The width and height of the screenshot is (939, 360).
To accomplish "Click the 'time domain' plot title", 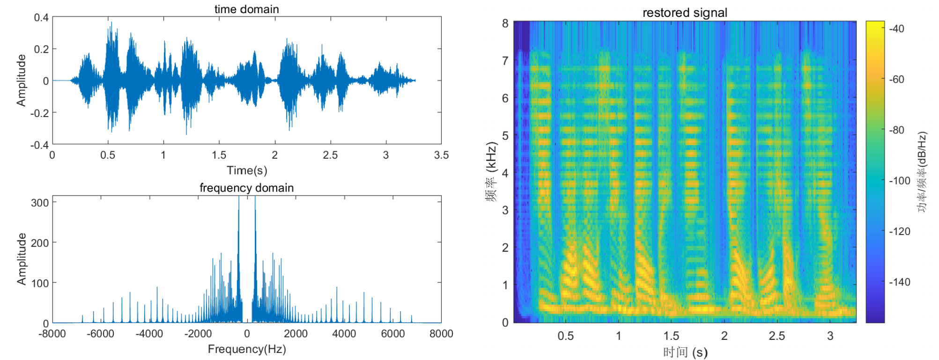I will point(246,9).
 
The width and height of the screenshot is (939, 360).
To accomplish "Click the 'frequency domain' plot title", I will point(246,188).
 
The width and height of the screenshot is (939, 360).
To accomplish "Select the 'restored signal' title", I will point(685,13).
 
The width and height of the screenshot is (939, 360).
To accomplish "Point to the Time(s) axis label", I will point(247,170).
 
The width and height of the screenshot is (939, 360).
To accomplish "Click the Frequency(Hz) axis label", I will point(247,349).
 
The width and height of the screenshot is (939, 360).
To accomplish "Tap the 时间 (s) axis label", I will point(685,352).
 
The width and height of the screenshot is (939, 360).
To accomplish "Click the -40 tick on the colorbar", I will point(897,29).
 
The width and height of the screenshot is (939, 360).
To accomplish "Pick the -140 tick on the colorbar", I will point(899,282).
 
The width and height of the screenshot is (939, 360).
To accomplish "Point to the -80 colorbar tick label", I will point(897,130).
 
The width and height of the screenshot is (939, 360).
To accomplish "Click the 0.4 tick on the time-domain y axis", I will point(41,17).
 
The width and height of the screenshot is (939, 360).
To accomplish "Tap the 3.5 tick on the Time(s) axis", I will point(441,155).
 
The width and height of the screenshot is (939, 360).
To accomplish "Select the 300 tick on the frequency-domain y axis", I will point(40,203).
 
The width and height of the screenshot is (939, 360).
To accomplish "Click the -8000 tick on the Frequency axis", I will point(52,334).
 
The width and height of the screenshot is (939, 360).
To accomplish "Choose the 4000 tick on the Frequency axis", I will point(344,334).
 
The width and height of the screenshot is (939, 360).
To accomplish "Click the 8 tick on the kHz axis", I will point(505,23).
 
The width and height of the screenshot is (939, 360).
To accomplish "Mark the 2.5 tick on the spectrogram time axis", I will point(777,336).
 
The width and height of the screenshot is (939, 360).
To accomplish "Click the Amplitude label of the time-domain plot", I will point(21,80).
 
